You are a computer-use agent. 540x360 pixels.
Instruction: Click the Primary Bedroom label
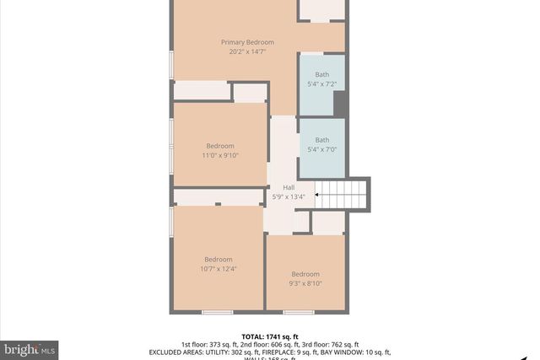pyautogui.click(x=248, y=42)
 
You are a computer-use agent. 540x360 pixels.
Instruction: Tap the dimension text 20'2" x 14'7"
pyautogui.click(x=248, y=51)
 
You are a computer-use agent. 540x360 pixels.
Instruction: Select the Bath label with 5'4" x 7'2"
pyautogui.click(x=322, y=75)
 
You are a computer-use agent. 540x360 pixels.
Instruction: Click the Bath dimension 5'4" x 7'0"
pyautogui.click(x=322, y=149)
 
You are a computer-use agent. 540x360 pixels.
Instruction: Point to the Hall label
pyautogui.click(x=289, y=187)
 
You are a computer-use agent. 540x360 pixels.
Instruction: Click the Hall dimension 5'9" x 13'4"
pyautogui.click(x=289, y=197)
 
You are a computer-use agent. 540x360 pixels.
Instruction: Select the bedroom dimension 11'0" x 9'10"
pyautogui.click(x=220, y=156)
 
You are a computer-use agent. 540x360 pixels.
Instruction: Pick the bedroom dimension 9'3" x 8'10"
pyautogui.click(x=305, y=284)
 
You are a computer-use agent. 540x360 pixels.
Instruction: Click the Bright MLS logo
pyautogui.click(x=30, y=348)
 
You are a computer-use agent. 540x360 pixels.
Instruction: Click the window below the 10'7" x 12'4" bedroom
pyautogui.click(x=218, y=313)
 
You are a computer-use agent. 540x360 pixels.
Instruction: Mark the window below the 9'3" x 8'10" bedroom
pyautogui.click(x=299, y=313)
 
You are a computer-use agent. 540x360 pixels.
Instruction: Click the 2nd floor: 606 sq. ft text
pyautogui.click(x=269, y=344)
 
